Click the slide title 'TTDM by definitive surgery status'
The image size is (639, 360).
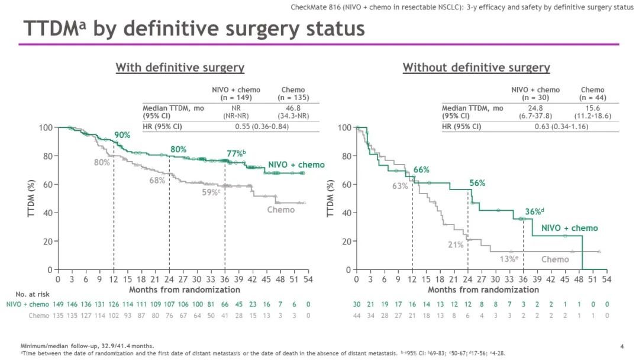pos(193,28)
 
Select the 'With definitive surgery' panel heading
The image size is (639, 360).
pos(180,67)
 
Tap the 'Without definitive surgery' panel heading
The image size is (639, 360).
pos(476,67)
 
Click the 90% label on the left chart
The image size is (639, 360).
pos(122,136)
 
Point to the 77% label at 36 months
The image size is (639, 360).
pos(235,154)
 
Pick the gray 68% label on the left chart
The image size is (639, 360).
pos(157,181)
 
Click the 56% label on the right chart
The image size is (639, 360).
pos(477,184)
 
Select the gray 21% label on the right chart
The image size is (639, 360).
pos(455,245)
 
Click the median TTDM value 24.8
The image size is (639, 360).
pos(536,108)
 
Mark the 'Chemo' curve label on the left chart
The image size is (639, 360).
pos(280,210)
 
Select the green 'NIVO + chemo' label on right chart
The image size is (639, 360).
pos(570,229)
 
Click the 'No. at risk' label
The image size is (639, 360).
pos(33,294)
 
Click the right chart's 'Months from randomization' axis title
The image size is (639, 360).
pos(483,290)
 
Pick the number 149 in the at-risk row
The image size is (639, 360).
pos(58,304)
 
